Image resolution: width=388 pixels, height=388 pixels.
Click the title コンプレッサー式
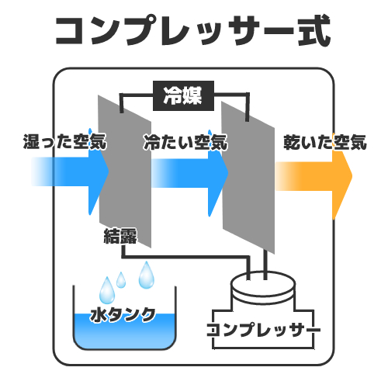193,30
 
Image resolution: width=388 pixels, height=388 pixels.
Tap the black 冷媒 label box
183,95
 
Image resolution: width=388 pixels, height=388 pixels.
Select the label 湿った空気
65,141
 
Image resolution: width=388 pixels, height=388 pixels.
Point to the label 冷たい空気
185,142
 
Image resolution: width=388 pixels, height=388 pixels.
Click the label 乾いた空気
325,142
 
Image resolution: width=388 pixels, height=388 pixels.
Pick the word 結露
120,236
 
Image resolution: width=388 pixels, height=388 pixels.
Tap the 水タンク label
123,315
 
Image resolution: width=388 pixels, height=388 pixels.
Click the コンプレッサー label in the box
264,330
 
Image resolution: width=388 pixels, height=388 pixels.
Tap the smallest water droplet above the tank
121,280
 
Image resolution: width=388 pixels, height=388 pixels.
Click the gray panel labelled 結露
125,171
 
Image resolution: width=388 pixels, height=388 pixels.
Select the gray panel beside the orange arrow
248,178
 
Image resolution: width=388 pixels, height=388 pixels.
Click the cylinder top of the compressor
263,284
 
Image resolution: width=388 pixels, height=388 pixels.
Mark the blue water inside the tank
124,332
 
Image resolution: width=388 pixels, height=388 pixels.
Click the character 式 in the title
314,30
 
